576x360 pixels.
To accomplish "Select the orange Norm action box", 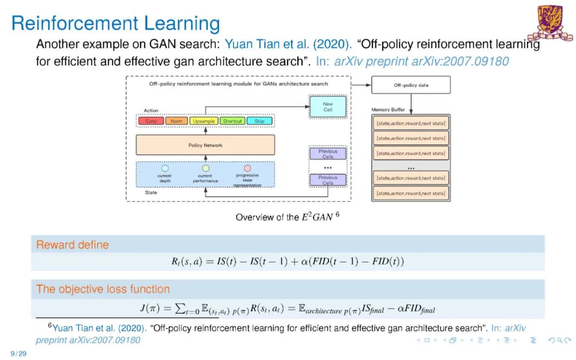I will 177,121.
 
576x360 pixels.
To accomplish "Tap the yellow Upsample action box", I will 204,121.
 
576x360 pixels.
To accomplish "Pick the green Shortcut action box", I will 232,121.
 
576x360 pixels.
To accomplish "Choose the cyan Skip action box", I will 259,121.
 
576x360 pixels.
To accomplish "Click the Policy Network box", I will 205,145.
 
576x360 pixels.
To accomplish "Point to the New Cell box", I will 327,107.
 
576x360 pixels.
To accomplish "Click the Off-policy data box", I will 411,85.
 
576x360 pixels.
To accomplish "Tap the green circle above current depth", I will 165,168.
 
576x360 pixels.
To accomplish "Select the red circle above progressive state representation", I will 247,168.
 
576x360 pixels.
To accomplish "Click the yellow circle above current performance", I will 206,168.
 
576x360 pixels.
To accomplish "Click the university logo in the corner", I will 555,22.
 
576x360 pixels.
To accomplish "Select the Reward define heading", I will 73,245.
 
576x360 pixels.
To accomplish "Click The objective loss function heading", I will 103,289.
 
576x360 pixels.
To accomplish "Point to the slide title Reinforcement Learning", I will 115,23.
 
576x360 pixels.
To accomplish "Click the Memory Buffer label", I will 388,110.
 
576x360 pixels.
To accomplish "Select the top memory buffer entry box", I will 411,124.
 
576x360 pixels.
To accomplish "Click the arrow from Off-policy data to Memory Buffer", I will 411,101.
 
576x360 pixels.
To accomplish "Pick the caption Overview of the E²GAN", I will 287,217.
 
